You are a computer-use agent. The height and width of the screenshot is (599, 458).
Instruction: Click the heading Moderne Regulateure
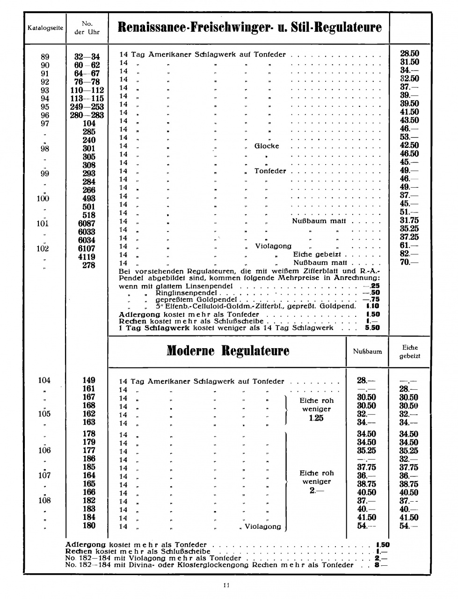pos(228,351)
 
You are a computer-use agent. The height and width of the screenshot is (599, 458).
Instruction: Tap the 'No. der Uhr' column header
pos(87,28)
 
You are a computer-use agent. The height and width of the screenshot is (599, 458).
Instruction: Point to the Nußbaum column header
pos(367,351)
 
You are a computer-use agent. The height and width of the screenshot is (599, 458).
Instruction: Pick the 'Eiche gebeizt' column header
pos(410,351)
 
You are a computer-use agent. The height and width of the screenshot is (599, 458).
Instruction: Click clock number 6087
pos(87,224)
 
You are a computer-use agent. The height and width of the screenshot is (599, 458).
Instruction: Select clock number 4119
pos(87,257)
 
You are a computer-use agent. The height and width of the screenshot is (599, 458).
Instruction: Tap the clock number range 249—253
pos(87,107)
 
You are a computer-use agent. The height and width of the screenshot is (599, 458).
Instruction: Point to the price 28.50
pos(409,54)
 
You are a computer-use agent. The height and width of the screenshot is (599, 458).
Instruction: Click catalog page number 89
pos(45,57)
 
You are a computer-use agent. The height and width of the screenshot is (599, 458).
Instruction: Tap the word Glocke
pos(267,146)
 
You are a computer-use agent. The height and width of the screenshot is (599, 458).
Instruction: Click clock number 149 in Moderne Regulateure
pos(89,380)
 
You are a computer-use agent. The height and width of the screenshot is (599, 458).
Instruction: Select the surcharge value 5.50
pos(373,328)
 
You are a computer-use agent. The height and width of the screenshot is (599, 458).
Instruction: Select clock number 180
pos(89,526)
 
